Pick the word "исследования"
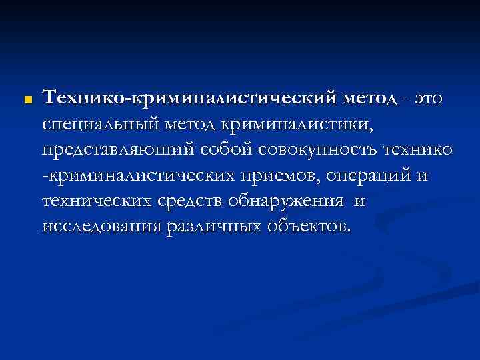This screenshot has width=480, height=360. point(101,226)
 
